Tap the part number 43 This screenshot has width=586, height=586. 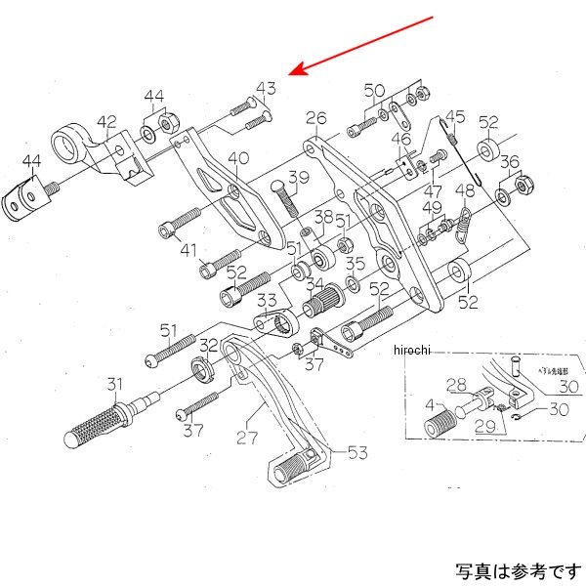tap(267, 89)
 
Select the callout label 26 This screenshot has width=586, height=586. tap(314, 119)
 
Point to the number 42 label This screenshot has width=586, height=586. tap(106, 122)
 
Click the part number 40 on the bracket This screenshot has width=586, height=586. tap(238, 158)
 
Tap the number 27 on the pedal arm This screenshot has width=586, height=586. tap(244, 439)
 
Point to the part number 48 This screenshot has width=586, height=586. tap(466, 190)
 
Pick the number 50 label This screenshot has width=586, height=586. tap(375, 91)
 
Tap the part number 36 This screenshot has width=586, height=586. tap(510, 162)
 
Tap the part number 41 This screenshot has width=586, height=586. tap(188, 250)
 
